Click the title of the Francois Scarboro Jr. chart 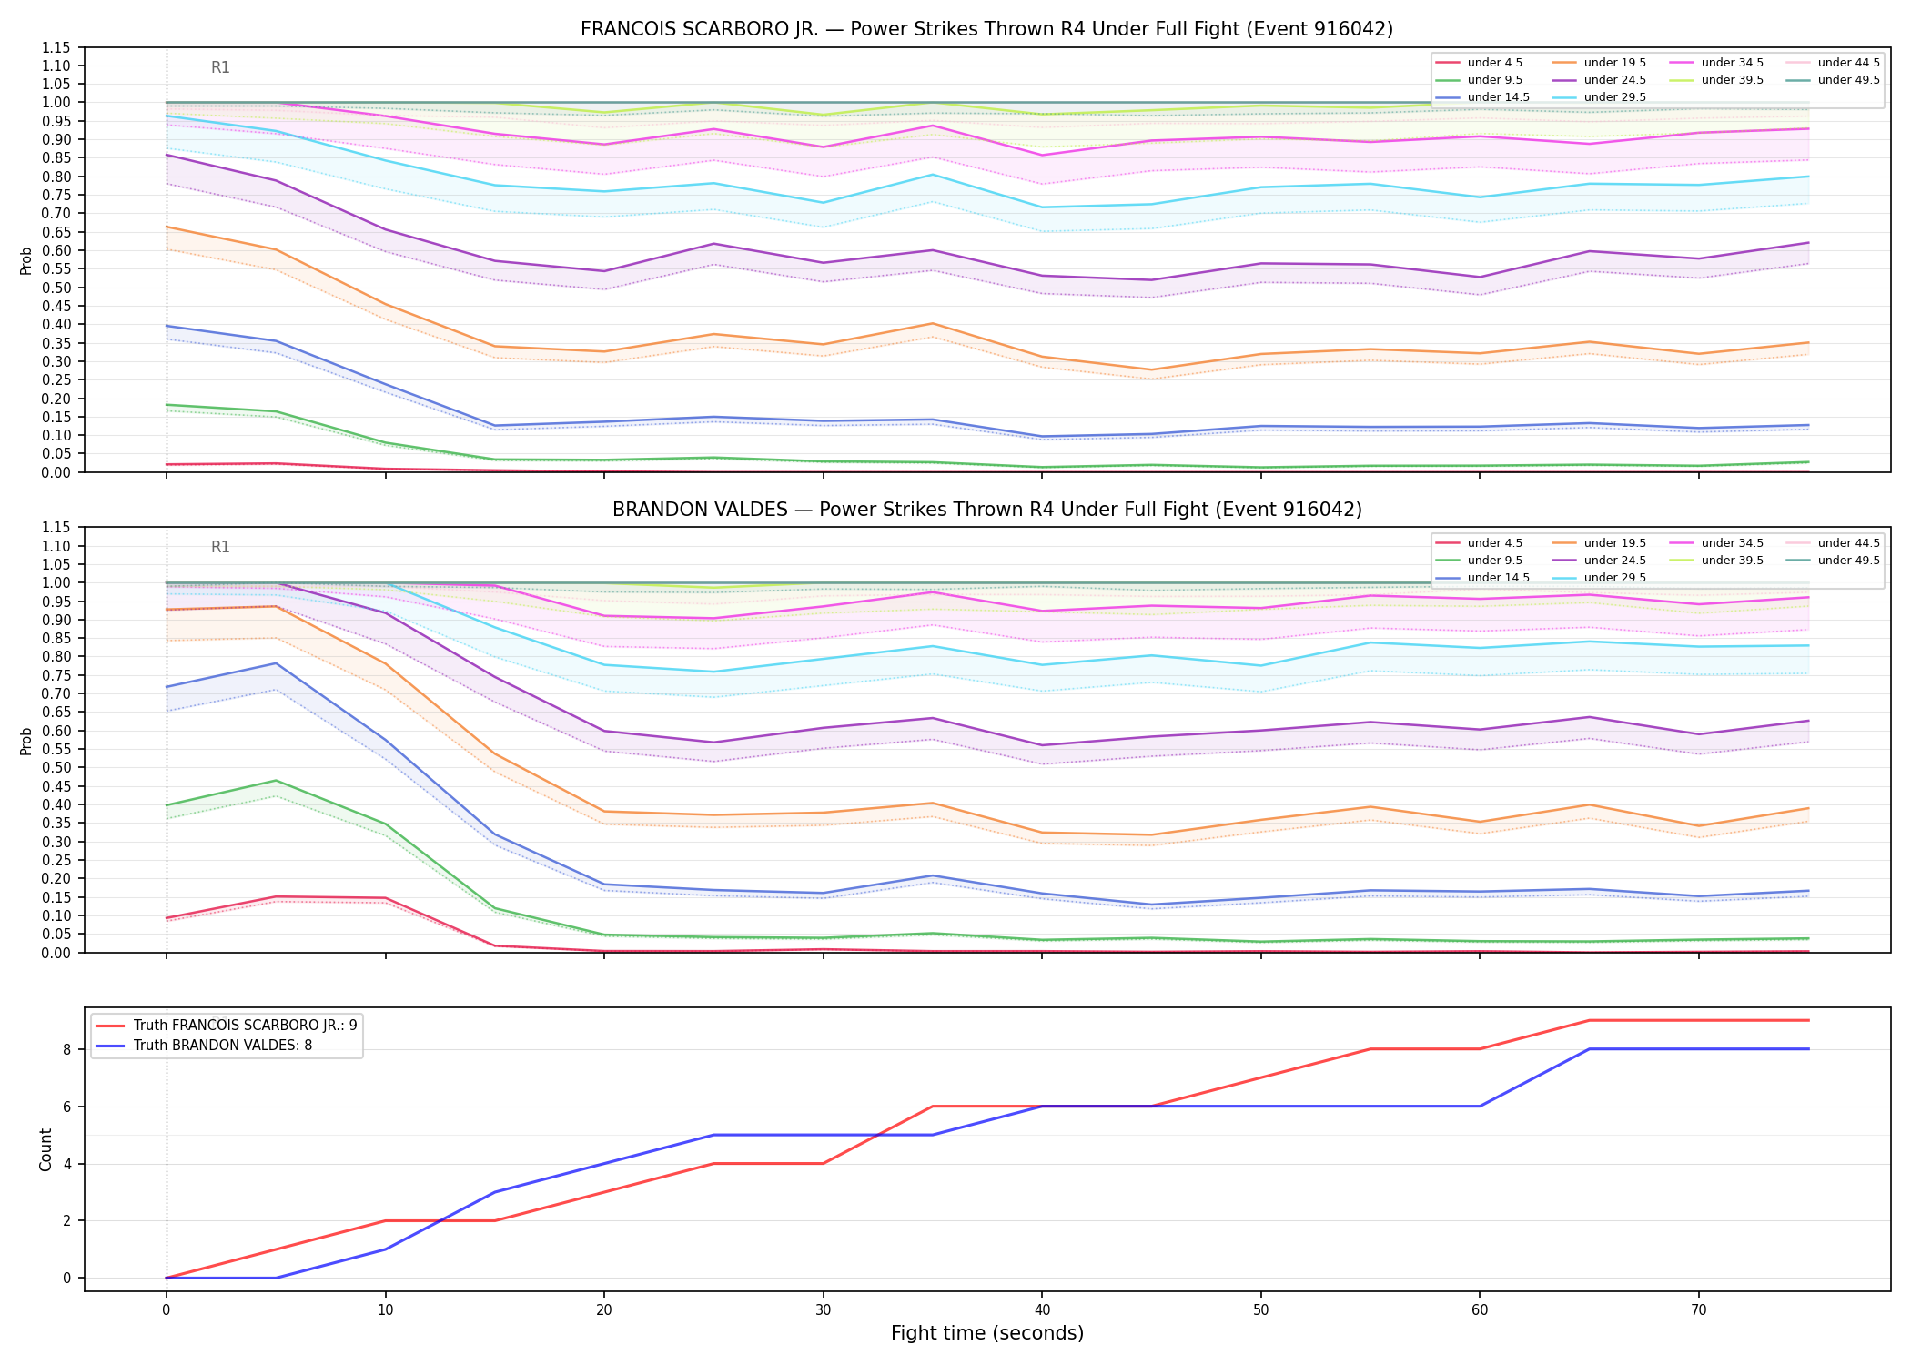point(986,29)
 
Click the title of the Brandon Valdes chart point(986,510)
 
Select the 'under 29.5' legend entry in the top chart point(1598,97)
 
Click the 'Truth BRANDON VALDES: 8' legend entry point(204,1046)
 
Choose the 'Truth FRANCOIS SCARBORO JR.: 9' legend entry point(227,1025)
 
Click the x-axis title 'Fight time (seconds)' point(987,1333)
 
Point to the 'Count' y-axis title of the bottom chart point(45,1149)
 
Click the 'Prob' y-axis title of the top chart point(26,260)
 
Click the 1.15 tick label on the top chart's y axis point(56,47)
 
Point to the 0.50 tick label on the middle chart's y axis point(56,768)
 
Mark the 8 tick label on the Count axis point(66,1049)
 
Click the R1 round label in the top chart point(220,67)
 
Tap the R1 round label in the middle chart point(220,547)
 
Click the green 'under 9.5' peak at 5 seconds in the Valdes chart point(276,781)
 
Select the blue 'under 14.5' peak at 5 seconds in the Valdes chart point(276,663)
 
